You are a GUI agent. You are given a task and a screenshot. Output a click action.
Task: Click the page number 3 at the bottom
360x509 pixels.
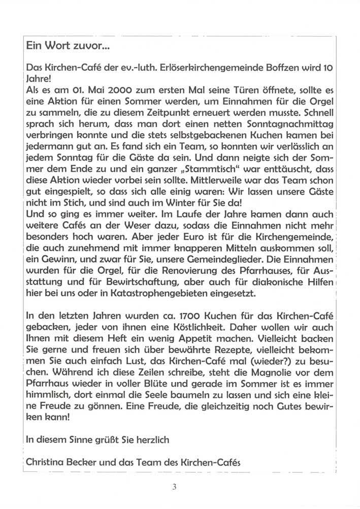pyautogui.click(x=175, y=488)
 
